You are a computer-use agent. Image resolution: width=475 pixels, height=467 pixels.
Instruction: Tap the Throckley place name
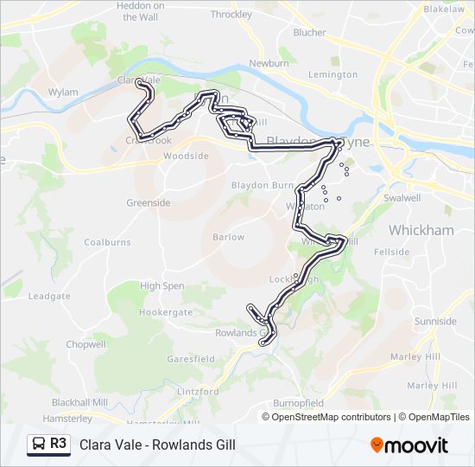click(x=231, y=15)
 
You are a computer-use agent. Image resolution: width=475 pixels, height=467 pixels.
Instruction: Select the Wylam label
click(x=63, y=92)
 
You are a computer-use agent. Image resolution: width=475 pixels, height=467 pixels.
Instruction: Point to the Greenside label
click(x=148, y=203)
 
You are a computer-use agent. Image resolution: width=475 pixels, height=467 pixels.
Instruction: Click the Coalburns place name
click(x=106, y=243)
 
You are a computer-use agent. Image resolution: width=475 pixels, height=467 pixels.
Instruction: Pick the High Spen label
click(x=161, y=286)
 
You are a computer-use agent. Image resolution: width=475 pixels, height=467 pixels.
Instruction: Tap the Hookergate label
click(x=166, y=312)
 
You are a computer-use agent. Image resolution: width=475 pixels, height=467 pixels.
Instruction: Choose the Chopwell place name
click(x=85, y=344)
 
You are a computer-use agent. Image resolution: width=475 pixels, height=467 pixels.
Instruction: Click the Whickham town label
click(x=421, y=230)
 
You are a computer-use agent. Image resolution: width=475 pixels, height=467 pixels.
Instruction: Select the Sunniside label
click(x=435, y=322)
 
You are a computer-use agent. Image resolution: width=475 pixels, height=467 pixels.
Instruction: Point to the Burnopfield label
click(x=298, y=403)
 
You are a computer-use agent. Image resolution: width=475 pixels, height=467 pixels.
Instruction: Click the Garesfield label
click(x=191, y=359)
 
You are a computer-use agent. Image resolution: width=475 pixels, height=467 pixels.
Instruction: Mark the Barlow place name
click(x=228, y=237)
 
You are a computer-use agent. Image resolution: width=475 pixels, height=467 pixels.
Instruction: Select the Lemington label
click(x=332, y=75)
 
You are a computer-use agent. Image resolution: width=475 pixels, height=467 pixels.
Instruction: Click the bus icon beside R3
click(x=39, y=445)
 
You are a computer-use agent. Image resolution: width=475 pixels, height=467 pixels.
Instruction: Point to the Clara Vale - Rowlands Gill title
click(x=157, y=445)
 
